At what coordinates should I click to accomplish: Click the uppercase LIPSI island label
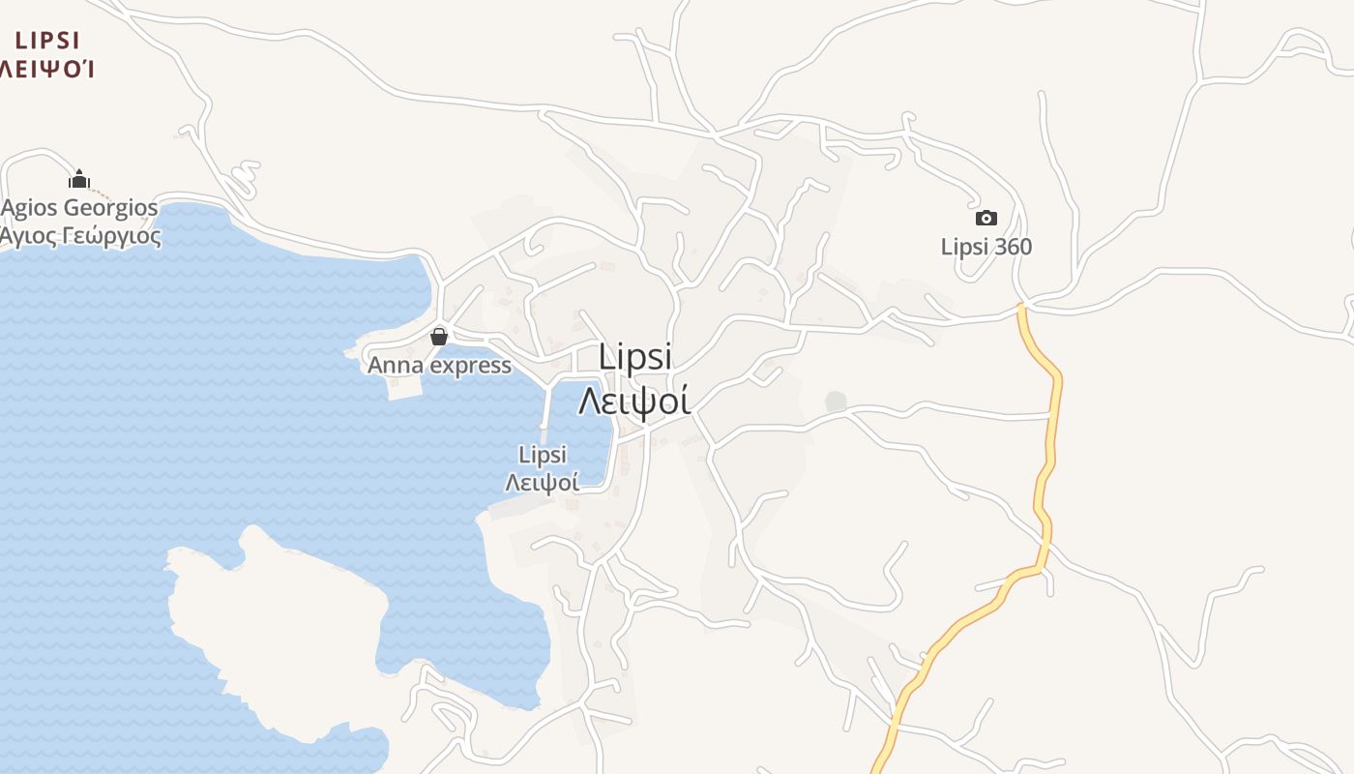click(47, 41)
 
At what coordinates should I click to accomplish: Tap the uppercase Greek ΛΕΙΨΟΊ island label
click(46, 68)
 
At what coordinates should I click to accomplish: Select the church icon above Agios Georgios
click(79, 179)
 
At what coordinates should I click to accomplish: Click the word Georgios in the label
click(111, 208)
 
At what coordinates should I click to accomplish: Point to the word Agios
click(30, 208)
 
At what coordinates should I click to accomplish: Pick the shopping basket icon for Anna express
click(439, 337)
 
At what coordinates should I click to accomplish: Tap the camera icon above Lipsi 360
click(986, 218)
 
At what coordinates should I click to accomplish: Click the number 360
click(1013, 247)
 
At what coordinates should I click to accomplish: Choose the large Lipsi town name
click(634, 356)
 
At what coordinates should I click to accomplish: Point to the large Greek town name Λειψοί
click(634, 399)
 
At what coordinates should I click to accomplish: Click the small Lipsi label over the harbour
click(543, 455)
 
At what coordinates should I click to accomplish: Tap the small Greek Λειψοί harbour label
click(543, 481)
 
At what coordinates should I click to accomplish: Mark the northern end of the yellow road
click(1021, 308)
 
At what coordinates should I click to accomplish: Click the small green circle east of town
click(836, 402)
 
